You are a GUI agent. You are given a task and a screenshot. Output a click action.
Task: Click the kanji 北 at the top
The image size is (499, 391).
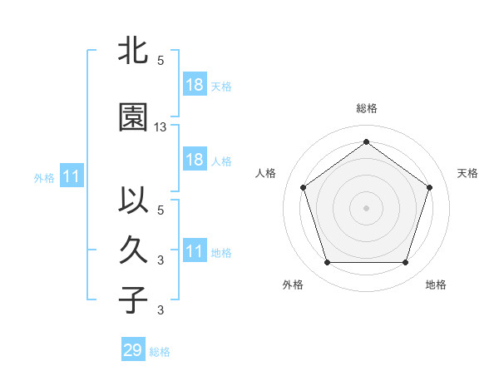coord(133,52)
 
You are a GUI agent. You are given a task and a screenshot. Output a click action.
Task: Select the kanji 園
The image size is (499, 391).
coord(133,118)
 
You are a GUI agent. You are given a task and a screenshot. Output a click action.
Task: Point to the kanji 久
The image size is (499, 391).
coord(133,250)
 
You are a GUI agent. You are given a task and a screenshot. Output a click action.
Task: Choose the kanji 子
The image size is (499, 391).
coord(133,299)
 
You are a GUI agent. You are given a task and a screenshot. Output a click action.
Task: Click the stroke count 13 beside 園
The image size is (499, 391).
coord(161,127)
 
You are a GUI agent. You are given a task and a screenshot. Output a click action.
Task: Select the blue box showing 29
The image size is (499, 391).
coord(133,350)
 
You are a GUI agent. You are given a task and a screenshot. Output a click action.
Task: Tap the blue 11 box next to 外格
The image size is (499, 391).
coord(72,176)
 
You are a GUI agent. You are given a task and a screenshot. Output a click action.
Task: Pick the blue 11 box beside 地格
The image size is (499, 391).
coord(194,251)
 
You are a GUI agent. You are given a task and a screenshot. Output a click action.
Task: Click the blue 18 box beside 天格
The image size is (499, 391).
coord(194,85)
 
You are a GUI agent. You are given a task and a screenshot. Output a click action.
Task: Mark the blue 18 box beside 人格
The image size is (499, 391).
coord(194,160)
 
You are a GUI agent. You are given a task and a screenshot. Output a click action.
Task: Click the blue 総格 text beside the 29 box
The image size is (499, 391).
coord(160,352)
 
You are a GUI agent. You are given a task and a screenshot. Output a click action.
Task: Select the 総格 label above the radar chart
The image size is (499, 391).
coord(366,108)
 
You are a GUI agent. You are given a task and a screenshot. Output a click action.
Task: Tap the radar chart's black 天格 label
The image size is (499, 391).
coord(467,173)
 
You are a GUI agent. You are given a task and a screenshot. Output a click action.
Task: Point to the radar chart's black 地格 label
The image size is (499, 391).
coord(436,285)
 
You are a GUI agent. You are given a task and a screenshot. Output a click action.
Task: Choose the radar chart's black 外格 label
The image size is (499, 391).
coord(293,285)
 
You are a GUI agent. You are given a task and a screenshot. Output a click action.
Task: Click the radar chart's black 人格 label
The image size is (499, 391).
coord(266,173)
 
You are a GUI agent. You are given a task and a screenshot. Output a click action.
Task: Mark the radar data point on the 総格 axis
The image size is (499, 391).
coord(366,142)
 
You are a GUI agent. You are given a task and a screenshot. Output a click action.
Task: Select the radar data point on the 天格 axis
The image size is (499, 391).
coord(429,187)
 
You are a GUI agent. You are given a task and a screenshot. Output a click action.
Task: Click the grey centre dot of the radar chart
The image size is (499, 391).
coord(366,207)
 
